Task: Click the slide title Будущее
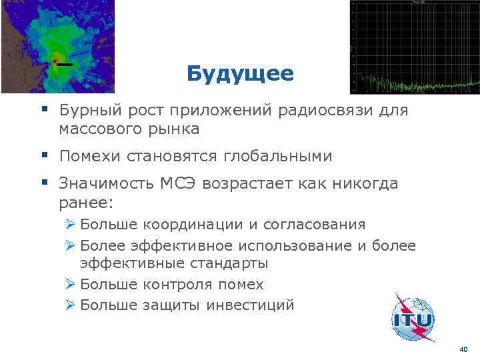(x=240, y=73)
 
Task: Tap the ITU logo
(x=413, y=319)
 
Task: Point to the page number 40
(x=463, y=349)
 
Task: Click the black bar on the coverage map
(x=65, y=65)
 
